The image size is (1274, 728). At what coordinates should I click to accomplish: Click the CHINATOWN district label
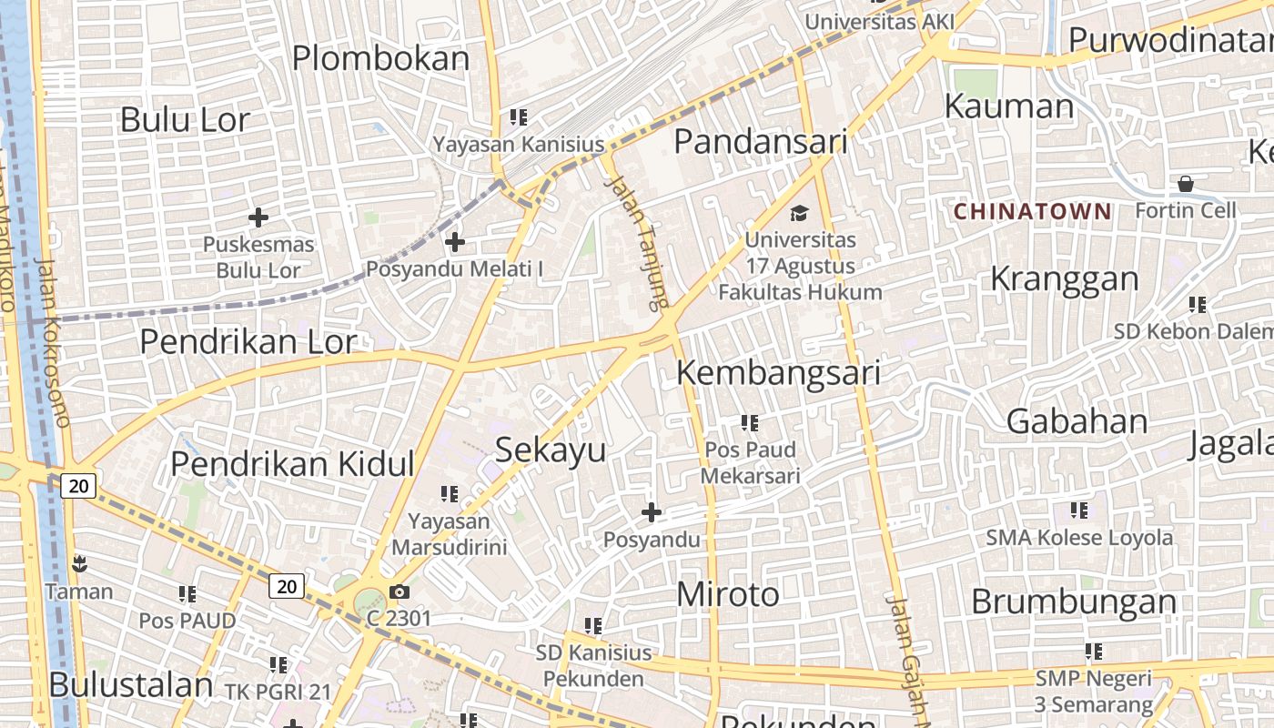pos(1032,212)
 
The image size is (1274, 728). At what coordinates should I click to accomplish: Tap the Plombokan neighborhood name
pos(380,58)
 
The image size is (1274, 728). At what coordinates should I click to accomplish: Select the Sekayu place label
pos(550,450)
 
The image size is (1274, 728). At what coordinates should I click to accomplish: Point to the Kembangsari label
pos(778,373)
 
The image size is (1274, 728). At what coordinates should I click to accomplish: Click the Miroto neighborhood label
pos(728,594)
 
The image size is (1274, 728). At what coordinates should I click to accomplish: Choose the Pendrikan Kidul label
pos(292,463)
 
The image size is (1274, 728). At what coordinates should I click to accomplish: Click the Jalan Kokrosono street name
pos(52,342)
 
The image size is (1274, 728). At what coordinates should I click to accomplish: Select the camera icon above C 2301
pos(399,592)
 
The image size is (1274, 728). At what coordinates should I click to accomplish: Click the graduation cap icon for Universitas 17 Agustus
pos(799,213)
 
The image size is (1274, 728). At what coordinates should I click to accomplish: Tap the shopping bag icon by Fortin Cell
pos(1186,184)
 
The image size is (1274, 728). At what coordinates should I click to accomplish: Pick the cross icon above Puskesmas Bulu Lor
pos(258,217)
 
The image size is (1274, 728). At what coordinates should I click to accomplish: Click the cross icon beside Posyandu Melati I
pos(454,242)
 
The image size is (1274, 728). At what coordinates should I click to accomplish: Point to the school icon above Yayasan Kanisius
pos(519,116)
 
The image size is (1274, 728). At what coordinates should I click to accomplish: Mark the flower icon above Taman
pos(80,563)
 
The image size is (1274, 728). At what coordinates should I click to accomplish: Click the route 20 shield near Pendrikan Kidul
pos(79,486)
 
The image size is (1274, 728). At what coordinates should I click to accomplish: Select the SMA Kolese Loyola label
pos(1079,538)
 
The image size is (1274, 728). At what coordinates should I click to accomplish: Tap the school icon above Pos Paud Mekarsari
pos(750,422)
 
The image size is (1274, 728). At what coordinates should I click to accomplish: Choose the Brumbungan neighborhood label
pos(1074,602)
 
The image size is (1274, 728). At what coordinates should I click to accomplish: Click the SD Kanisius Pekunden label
pos(593,665)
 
